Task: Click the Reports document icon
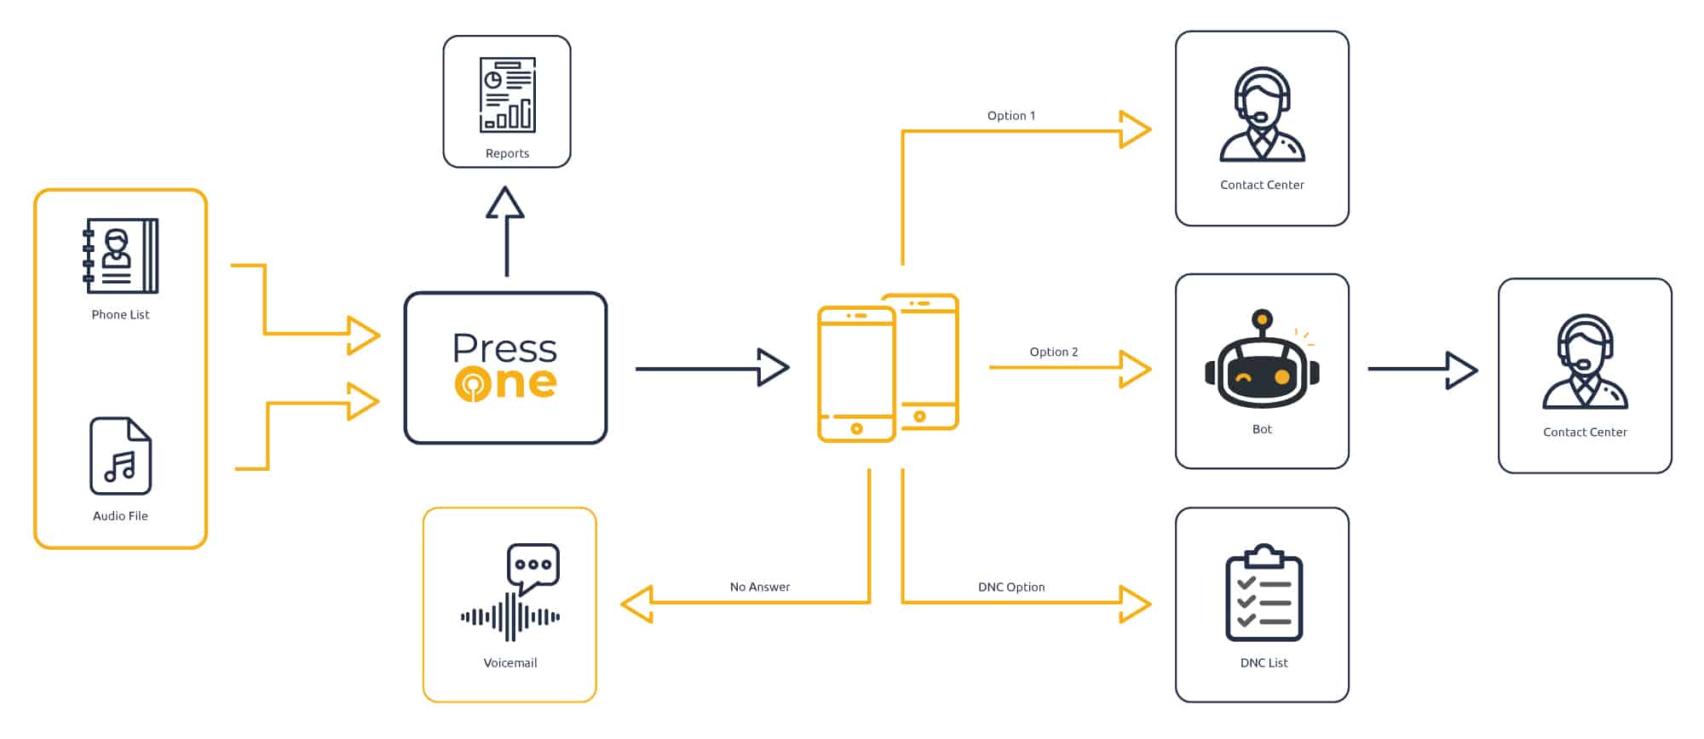[507, 95]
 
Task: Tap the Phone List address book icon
[120, 255]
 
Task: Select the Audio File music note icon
[120, 455]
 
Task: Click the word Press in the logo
[504, 348]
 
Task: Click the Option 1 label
[1011, 116]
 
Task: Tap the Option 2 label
[1053, 352]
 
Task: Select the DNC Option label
[1010, 587]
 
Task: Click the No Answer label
[759, 587]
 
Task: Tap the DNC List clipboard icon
[1264, 593]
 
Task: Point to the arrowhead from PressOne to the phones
[774, 368]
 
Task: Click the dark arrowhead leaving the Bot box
[1462, 369]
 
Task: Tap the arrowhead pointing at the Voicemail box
[636, 604]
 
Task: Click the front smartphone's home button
[856, 429]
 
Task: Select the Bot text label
[1262, 429]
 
